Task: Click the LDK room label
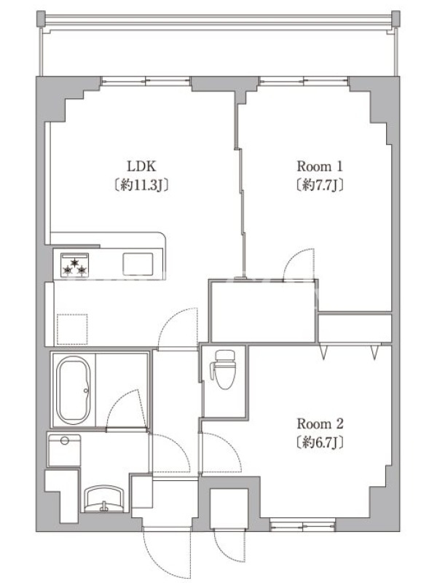click(x=141, y=166)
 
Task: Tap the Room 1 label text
click(x=319, y=166)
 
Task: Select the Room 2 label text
click(x=320, y=423)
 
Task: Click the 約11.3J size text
click(x=141, y=185)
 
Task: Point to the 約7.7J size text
click(x=319, y=185)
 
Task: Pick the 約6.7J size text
click(x=320, y=442)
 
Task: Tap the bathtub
click(x=74, y=391)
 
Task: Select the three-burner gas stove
click(x=75, y=265)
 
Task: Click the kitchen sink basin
click(x=138, y=264)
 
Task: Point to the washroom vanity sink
click(x=103, y=499)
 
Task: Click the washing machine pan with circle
click(x=64, y=450)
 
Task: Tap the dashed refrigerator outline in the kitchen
click(x=72, y=329)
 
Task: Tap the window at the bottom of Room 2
click(x=303, y=526)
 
